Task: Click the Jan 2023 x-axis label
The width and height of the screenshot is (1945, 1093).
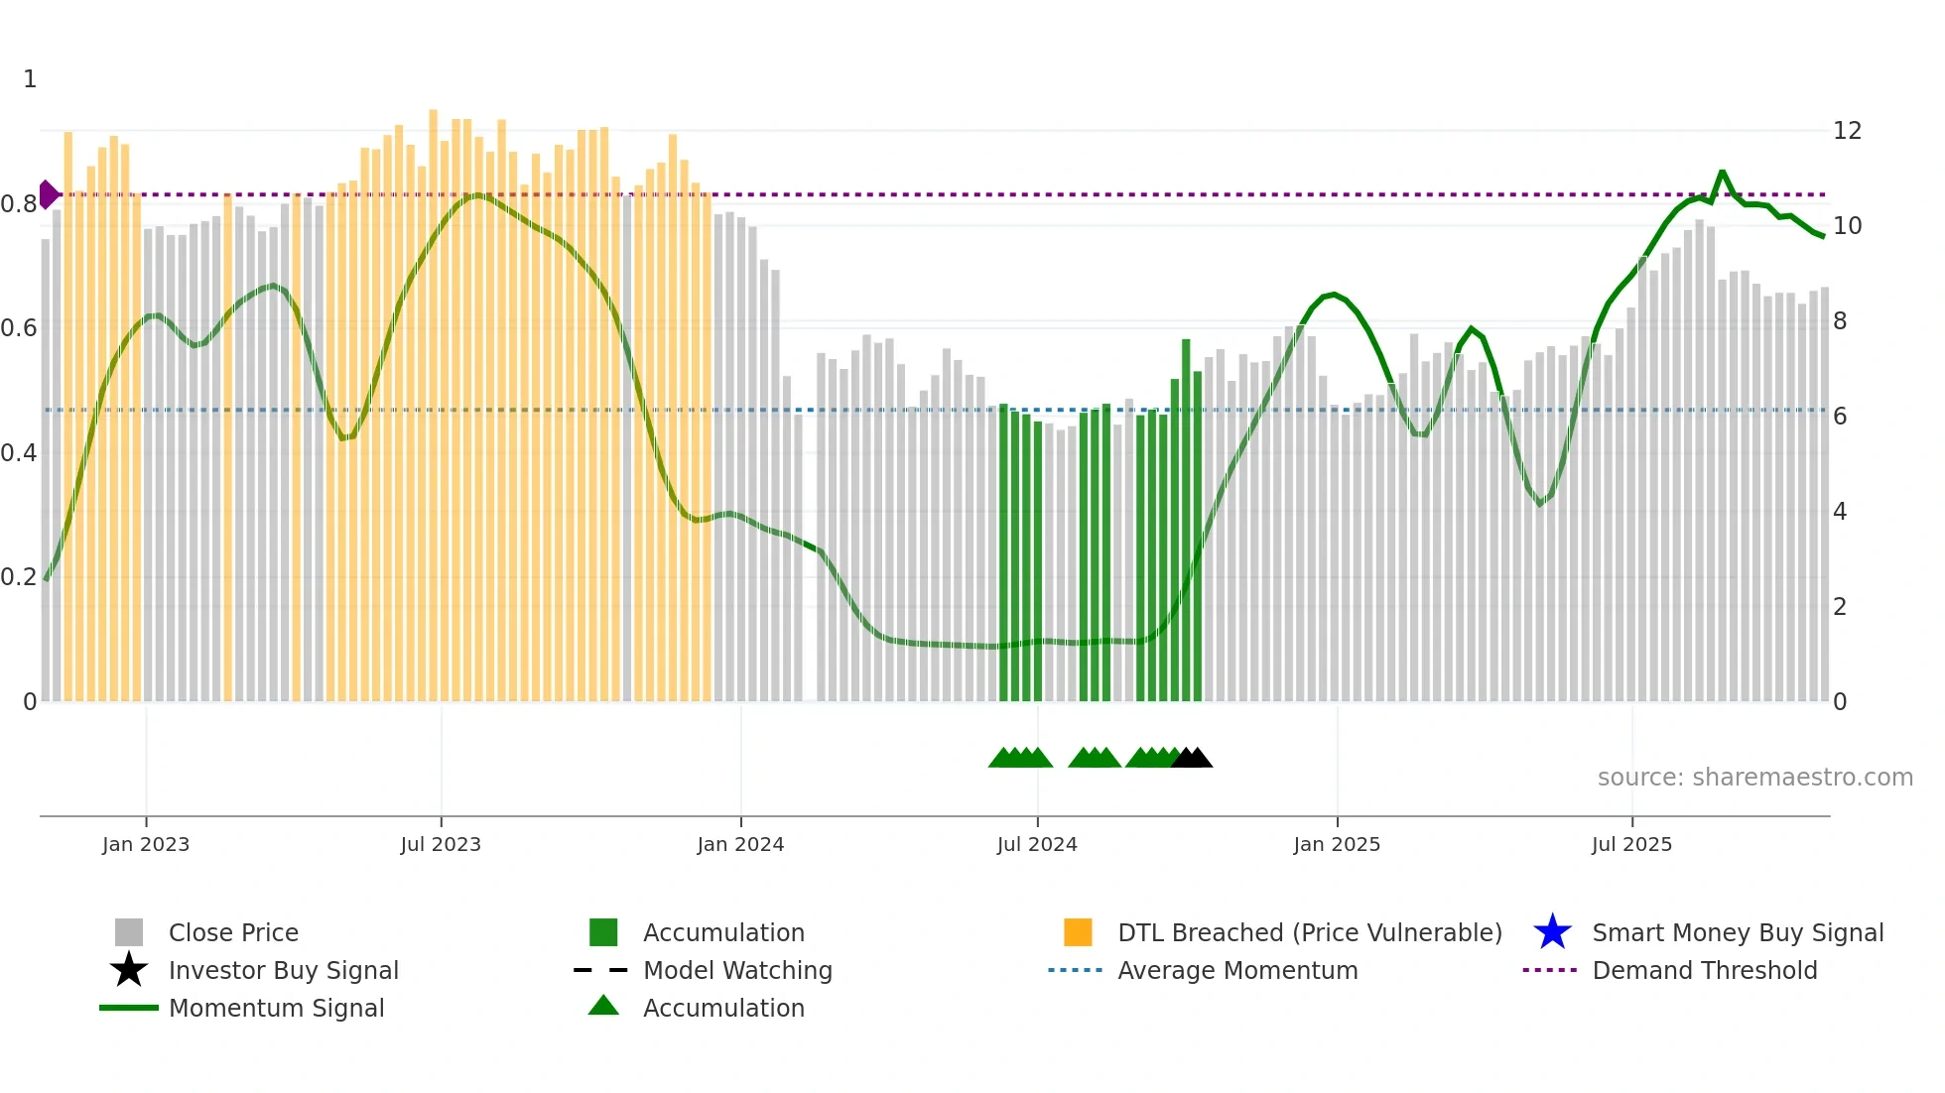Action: coord(145,844)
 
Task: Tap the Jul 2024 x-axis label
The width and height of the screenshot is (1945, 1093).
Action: coord(1037,844)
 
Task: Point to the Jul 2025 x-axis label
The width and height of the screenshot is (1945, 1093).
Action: coord(1631,844)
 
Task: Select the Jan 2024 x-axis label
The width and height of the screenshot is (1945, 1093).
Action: coord(740,844)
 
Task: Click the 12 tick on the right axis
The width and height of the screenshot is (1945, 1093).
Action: coord(1847,131)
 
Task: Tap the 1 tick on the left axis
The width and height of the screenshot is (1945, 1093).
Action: coord(30,79)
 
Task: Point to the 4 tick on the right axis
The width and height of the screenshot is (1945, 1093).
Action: coord(1840,512)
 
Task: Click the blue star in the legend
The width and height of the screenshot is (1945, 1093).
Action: coord(1552,932)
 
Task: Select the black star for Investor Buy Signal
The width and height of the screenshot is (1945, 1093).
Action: coord(129,970)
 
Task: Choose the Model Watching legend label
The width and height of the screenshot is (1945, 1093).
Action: coord(737,970)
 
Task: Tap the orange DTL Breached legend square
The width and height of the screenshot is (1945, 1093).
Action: coord(1078,932)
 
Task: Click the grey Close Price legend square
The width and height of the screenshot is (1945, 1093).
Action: coord(129,932)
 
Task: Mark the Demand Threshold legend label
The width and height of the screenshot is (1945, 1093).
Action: coord(1704,970)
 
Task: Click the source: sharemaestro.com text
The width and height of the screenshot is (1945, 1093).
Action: coord(1754,778)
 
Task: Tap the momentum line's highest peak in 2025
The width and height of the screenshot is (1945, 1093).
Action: coord(1722,173)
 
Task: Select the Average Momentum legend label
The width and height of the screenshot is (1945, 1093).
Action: coord(1237,970)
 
